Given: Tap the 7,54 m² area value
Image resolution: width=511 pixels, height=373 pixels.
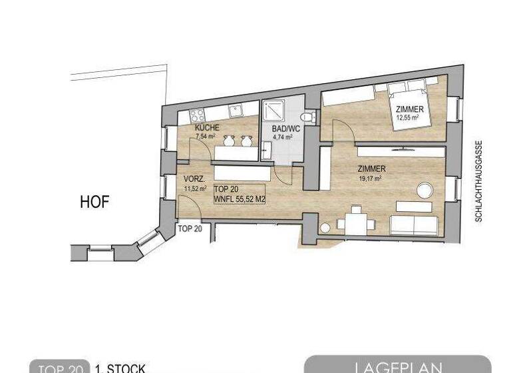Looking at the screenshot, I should pos(206,136).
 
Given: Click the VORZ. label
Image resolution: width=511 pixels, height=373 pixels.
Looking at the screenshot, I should pos(194,180).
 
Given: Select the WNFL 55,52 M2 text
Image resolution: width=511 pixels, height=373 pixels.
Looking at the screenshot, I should pos(240,198).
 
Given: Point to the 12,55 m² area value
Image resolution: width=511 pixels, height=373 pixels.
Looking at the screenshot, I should pos(407,118).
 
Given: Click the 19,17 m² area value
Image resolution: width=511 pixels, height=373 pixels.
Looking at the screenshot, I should pos(369,178).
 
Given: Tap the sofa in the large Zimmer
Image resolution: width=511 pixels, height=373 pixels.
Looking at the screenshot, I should pos(413,224).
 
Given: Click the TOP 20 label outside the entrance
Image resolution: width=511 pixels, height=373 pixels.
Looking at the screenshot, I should pos(190,228).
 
